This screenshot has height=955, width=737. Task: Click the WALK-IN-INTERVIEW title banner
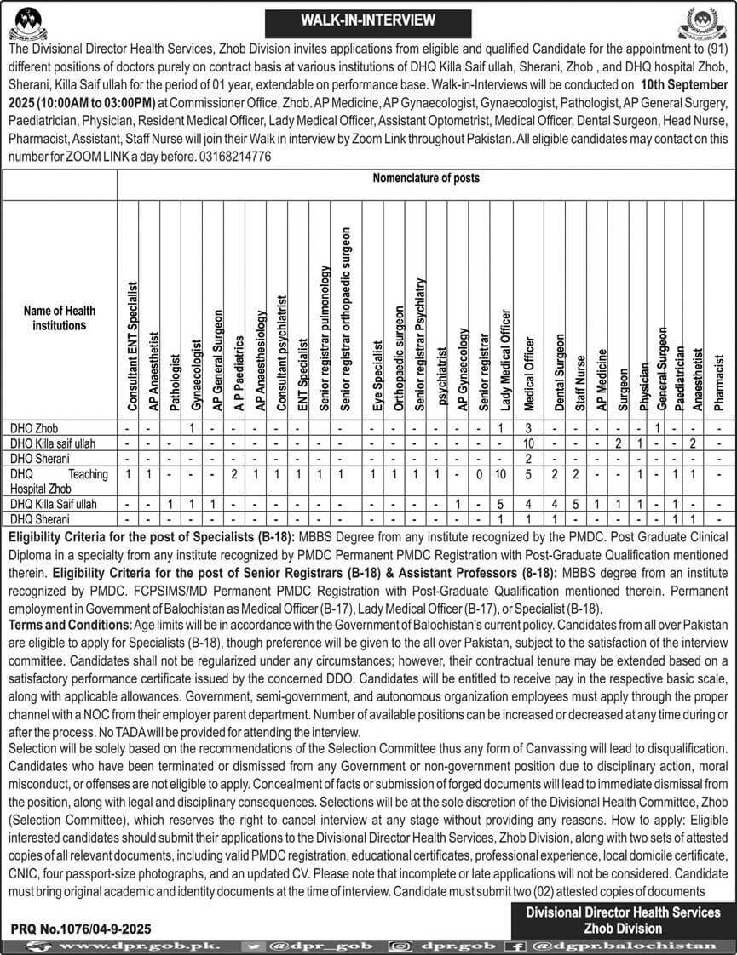point(368,19)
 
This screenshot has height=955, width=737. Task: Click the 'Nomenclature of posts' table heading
point(426,179)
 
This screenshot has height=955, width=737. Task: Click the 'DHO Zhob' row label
point(35,427)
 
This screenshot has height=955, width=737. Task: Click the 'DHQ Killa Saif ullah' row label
point(52,504)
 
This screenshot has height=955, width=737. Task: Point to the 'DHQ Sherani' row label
point(37,518)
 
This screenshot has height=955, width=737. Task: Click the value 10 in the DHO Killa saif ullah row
point(527,443)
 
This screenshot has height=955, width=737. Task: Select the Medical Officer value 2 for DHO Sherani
point(527,458)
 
